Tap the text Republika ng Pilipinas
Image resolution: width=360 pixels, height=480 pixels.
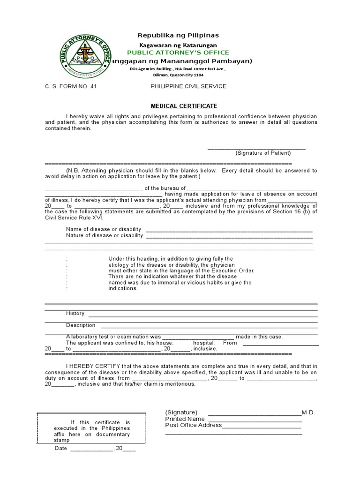coord(178,35)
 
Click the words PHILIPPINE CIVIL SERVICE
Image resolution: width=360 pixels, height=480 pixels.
coord(182,86)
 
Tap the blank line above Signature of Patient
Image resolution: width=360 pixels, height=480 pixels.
coord(256,148)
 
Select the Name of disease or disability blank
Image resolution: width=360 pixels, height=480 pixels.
coord(229,229)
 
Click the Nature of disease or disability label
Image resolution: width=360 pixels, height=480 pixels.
coord(105,235)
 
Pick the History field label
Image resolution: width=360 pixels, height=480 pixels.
coord(75,314)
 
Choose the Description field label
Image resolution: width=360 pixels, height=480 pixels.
coord(81,325)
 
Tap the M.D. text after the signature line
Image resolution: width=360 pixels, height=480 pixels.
coord(308,412)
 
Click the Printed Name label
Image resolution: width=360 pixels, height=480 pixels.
coord(185,419)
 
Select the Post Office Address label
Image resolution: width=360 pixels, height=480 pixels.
coord(193,425)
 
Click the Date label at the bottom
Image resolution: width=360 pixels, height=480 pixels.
coord(61,449)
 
